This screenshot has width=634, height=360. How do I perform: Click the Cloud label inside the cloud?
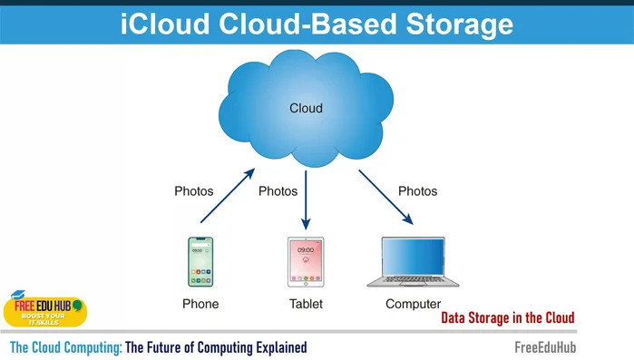(306, 109)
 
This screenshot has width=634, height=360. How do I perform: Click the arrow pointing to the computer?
(386, 197)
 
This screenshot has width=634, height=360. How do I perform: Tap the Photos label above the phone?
(193, 191)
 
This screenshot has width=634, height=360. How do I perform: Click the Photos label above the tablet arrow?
(278, 191)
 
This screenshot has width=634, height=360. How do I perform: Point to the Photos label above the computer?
(417, 191)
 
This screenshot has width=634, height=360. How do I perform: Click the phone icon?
(200, 263)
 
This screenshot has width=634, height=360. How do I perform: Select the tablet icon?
(306, 263)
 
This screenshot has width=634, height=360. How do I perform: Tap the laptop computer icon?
(413, 263)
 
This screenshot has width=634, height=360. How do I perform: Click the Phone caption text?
(200, 304)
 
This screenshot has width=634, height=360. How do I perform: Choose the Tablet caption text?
(306, 304)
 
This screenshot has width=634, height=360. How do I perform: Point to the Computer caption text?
(413, 304)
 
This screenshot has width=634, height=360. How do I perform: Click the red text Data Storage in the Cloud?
(508, 318)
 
